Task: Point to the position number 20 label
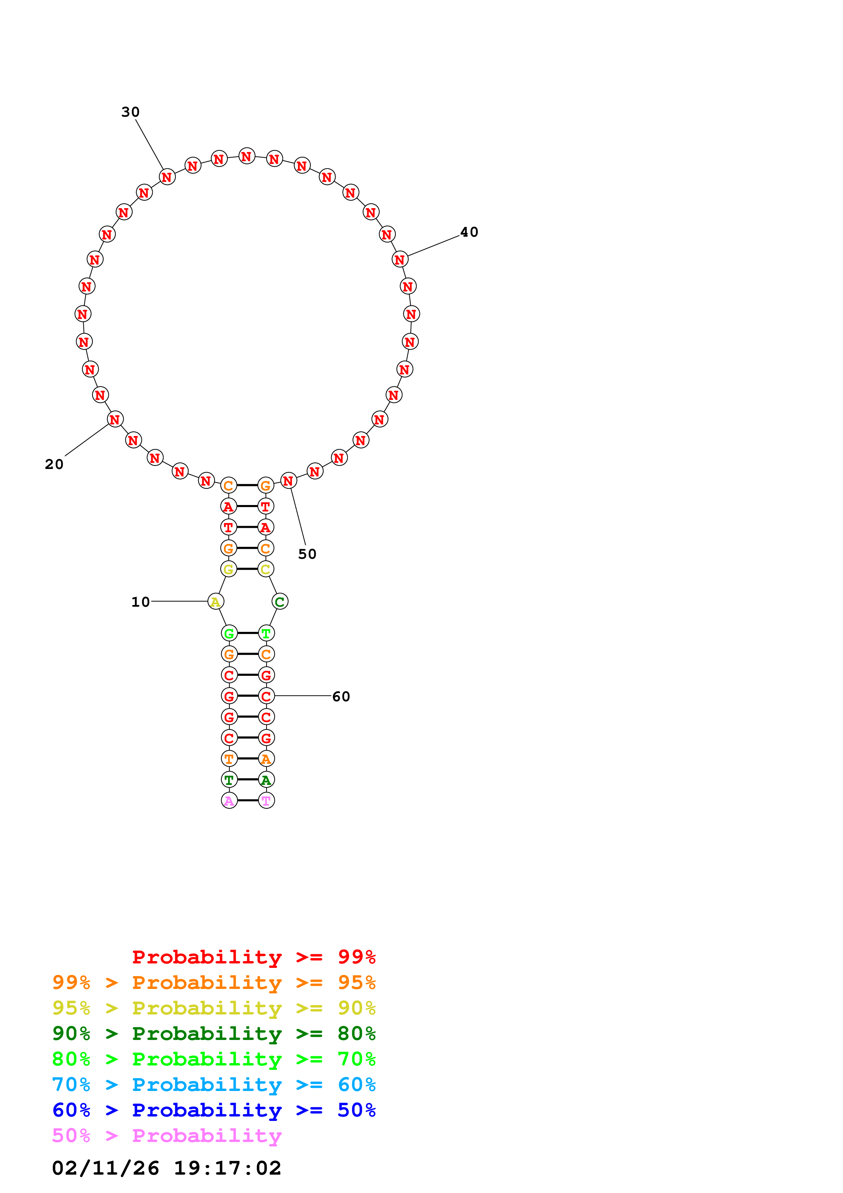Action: (54, 464)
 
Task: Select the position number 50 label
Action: (307, 554)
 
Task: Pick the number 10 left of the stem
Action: (140, 602)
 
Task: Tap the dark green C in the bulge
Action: (280, 602)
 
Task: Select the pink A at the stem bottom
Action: (229, 801)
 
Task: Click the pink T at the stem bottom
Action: (266, 801)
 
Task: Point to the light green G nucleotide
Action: (229, 633)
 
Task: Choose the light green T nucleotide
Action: (266, 633)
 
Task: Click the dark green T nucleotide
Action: (229, 780)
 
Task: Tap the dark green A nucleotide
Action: (266, 780)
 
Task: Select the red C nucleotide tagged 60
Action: (266, 696)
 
